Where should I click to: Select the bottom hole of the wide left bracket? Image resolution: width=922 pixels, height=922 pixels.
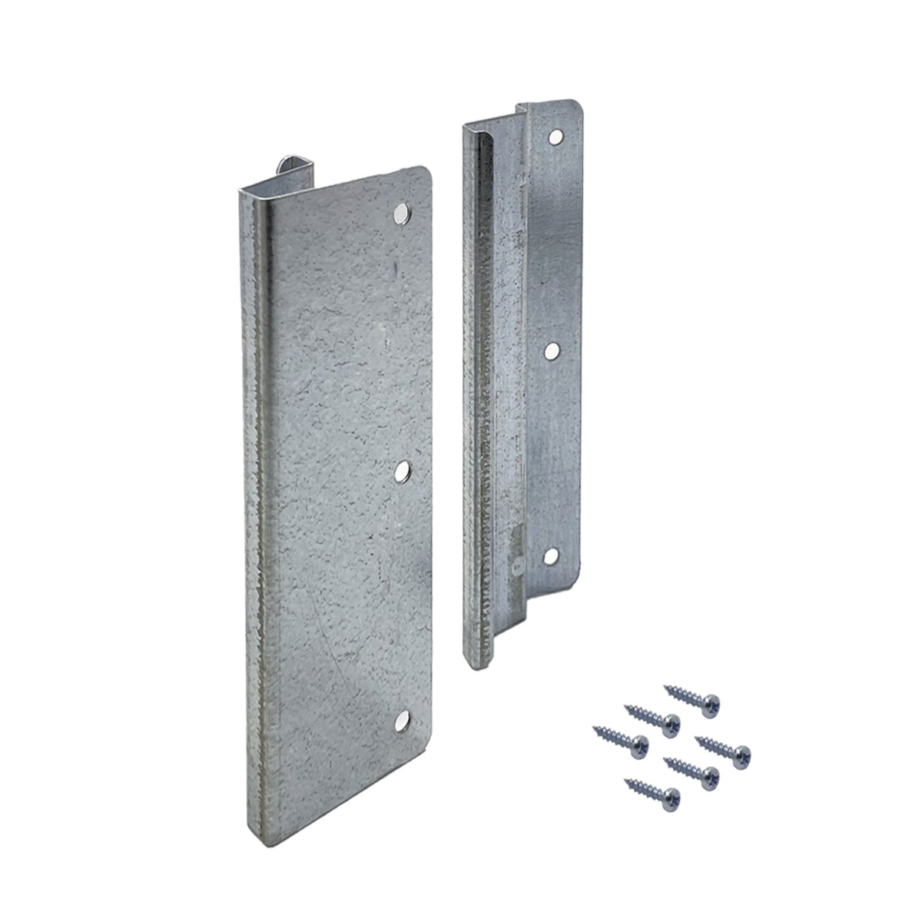pyautogui.click(x=401, y=721)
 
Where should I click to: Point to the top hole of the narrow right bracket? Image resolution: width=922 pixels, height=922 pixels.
pyautogui.click(x=555, y=138)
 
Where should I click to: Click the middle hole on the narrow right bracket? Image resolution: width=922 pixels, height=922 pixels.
pyautogui.click(x=552, y=350)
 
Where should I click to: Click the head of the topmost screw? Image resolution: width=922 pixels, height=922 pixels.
pyautogui.click(x=712, y=701)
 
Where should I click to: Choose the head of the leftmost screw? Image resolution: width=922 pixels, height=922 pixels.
pyautogui.click(x=638, y=744)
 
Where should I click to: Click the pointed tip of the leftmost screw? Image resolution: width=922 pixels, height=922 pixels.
pyautogui.click(x=594, y=728)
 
